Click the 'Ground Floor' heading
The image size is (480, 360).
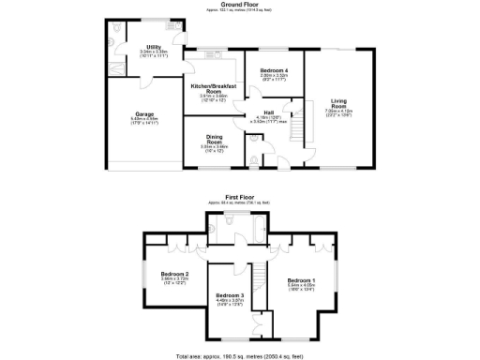click(x=239, y=4)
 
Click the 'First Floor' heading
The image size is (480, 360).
click(x=239, y=197)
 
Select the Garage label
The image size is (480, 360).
click(x=143, y=114)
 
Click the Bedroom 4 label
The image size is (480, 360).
click(x=274, y=70)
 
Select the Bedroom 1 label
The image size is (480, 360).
click(x=301, y=280)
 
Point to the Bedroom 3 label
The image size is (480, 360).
click(x=230, y=295)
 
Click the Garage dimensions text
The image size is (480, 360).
click(x=143, y=120)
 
